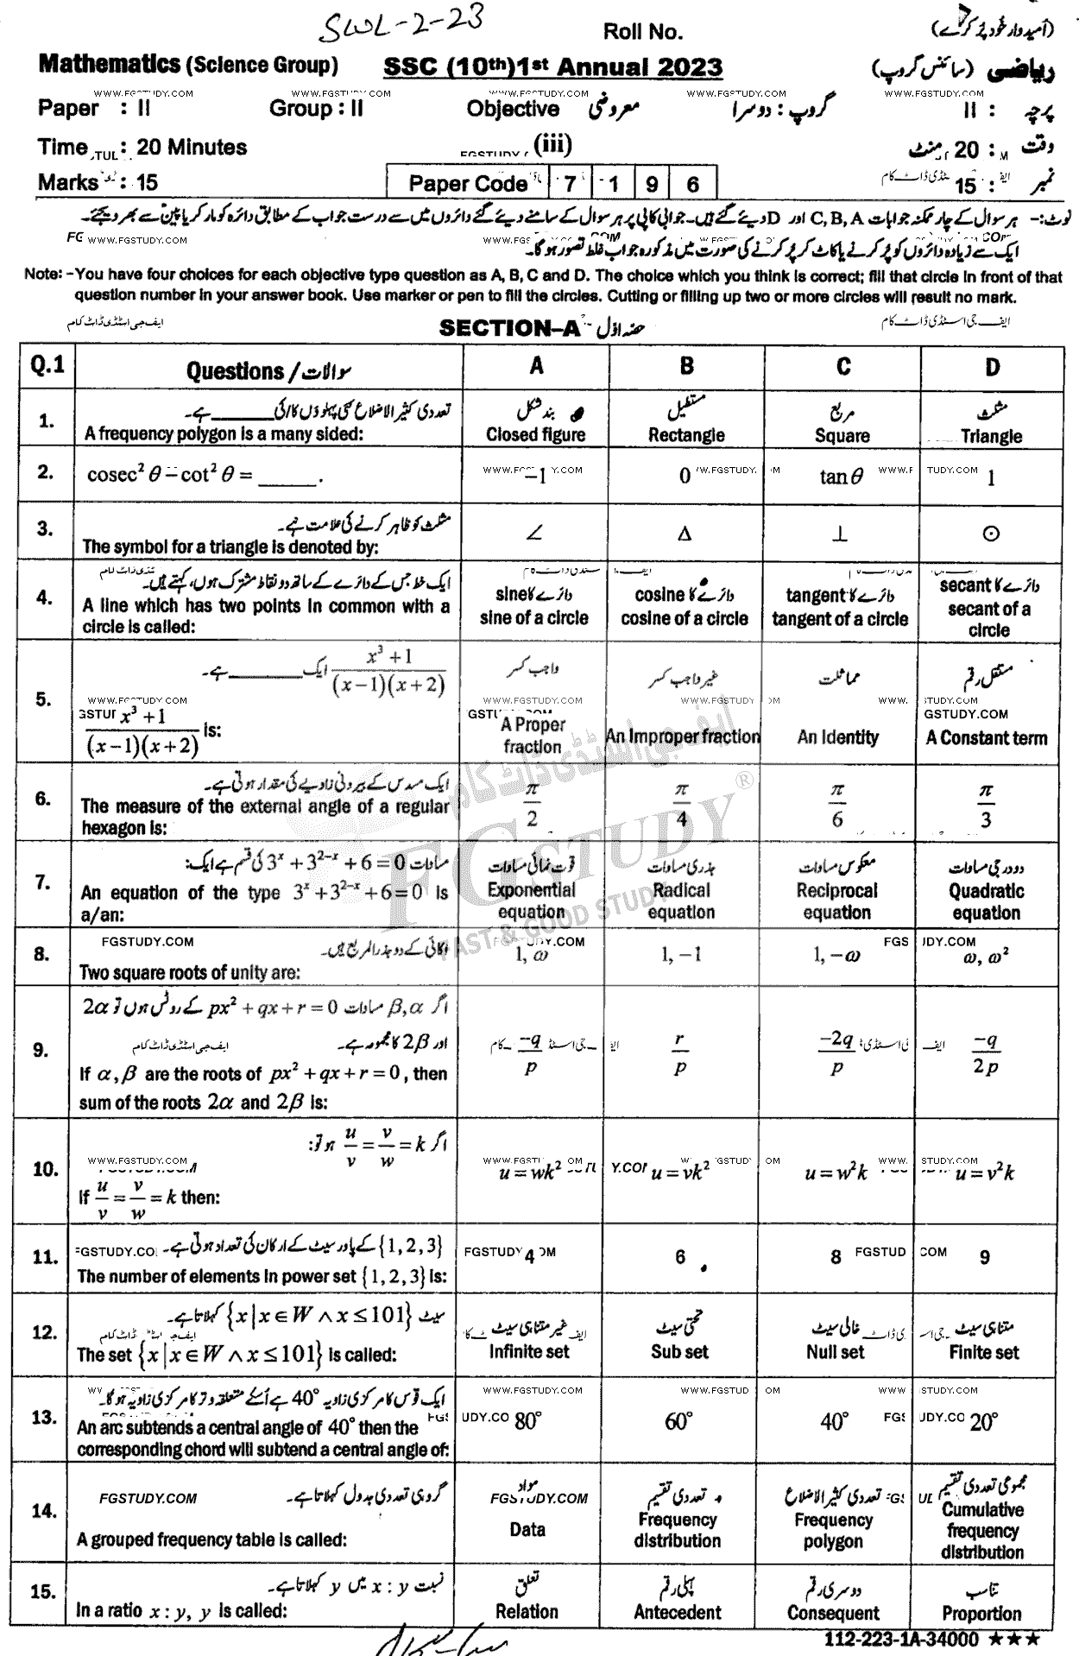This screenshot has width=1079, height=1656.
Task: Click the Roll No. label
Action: point(642,32)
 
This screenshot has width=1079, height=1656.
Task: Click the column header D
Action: point(992,368)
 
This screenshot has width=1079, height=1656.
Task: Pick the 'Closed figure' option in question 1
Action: point(535,434)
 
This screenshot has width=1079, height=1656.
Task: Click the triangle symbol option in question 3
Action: point(685,534)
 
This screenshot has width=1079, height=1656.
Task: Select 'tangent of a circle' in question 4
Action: point(839,618)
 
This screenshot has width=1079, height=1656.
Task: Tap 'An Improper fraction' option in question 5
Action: point(683,736)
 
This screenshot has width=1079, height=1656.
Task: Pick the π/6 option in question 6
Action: point(837,805)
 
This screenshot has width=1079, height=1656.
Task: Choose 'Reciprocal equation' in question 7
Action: point(836,901)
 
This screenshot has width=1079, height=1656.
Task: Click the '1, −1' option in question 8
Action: point(681,954)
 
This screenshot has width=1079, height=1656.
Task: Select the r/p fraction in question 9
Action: point(680,1053)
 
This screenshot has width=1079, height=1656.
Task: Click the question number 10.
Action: point(46,1169)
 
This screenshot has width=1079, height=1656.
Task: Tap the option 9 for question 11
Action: point(984,1257)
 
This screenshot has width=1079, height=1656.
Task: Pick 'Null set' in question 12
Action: point(835,1352)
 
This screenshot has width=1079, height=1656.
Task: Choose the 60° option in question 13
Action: point(678,1421)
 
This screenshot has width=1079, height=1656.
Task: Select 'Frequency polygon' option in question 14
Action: point(833,1530)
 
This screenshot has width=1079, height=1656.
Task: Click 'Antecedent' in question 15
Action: point(678,1612)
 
